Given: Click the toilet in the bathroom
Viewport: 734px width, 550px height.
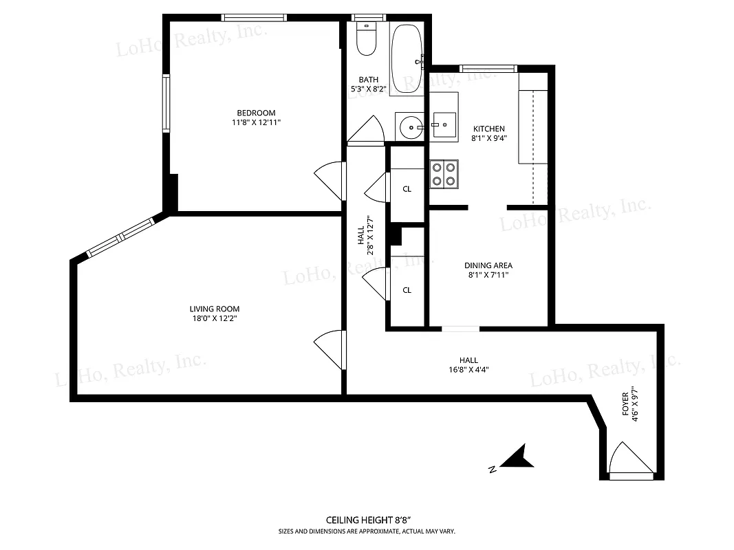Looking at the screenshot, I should coord(366,40).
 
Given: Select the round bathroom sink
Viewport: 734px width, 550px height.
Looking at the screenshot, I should coord(411,126).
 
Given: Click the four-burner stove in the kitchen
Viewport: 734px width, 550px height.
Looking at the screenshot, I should coord(444,173).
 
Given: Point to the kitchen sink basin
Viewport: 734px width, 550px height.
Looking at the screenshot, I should coord(444,125).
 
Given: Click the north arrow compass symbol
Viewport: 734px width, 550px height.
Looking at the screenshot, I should coord(515,459).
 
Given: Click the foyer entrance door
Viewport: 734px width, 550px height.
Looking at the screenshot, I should coord(630,459).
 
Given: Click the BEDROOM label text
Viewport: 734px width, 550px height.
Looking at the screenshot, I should coord(256,113).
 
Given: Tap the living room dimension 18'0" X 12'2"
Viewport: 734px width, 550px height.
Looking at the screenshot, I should coord(215,318).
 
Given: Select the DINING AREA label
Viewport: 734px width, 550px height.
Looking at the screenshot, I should coord(488,265).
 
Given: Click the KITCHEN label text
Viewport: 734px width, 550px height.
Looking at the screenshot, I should coord(488,129).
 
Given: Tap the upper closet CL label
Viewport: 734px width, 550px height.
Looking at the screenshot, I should coord(407,189).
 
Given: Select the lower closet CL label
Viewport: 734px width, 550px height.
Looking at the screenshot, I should coord(407,290).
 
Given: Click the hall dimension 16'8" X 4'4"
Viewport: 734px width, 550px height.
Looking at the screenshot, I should coord(468,369).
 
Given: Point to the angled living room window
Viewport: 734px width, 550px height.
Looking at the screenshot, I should coord(121,237).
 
